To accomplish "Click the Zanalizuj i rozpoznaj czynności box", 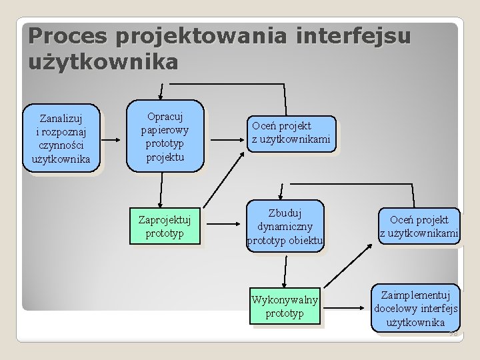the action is (61, 137).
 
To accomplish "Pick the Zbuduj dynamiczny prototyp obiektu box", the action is (285, 226).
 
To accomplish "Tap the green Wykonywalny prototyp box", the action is (285, 305).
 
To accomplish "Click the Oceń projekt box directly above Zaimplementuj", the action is (419, 226).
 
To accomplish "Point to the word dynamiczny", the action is (285, 226).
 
